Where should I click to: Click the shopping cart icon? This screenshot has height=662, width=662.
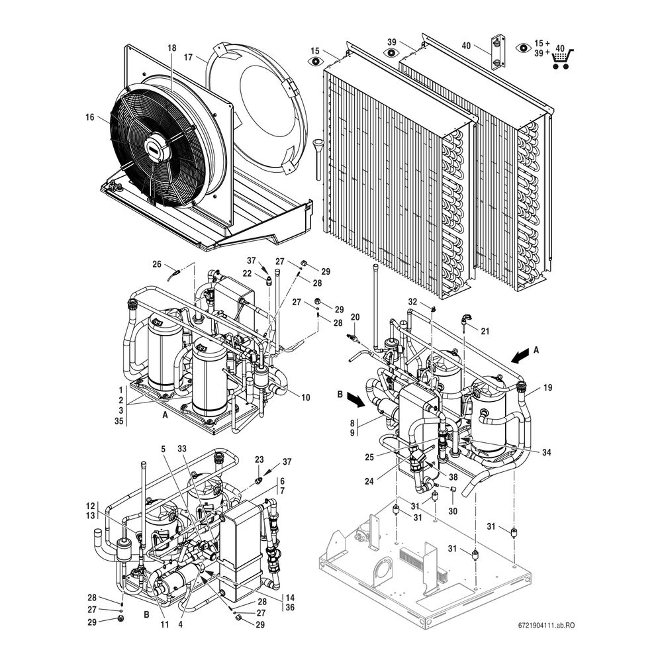pyautogui.click(x=563, y=58)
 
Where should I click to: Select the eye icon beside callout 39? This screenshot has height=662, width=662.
pyautogui.click(x=391, y=53)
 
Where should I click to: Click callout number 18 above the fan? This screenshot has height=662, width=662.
pyautogui.click(x=172, y=48)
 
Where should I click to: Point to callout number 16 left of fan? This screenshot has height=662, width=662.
pyautogui.click(x=90, y=117)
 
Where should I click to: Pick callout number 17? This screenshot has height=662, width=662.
pyautogui.click(x=188, y=57)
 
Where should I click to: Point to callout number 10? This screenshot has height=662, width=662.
pyautogui.click(x=305, y=397)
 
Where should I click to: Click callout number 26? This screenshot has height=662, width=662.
pyautogui.click(x=157, y=264)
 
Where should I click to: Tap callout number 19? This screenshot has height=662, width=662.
pyautogui.click(x=547, y=387)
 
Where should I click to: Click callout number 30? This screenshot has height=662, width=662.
pyautogui.click(x=453, y=511)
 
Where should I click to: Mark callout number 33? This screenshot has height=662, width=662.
pyautogui.click(x=182, y=448)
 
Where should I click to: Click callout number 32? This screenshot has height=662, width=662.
pyautogui.click(x=412, y=302)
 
